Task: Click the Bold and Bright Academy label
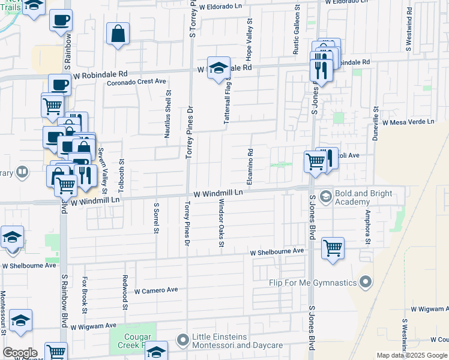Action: [364, 198]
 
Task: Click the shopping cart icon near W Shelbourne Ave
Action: [333, 247]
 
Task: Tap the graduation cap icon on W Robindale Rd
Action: [219, 67]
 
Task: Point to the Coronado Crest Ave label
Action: [136, 82]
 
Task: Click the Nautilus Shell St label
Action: [168, 114]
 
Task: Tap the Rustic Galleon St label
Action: [296, 29]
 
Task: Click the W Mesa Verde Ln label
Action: [408, 122]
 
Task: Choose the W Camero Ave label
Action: [156, 290]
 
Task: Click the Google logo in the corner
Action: [19, 353]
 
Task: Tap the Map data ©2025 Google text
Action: [412, 355]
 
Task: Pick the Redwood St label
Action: [125, 292]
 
